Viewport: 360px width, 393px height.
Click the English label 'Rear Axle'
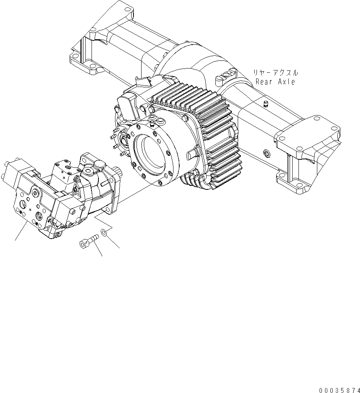pos(275,82)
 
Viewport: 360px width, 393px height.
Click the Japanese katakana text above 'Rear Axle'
pos(275,72)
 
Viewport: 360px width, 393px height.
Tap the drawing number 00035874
pos(338,390)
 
